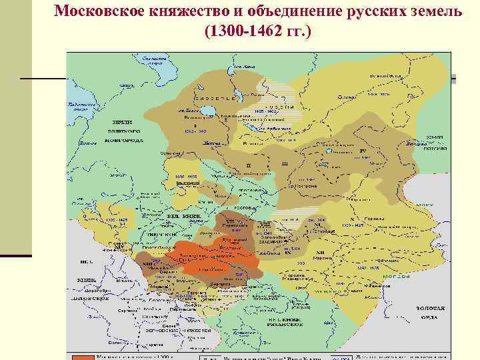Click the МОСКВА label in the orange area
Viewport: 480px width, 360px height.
[219, 256]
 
